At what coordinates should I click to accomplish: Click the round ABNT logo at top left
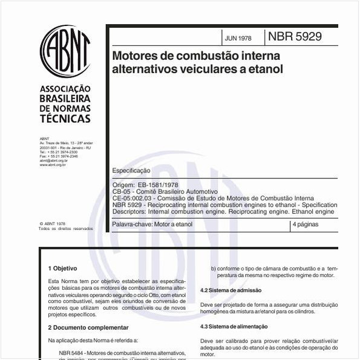(x=65, y=51)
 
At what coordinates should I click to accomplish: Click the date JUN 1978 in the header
(x=237, y=38)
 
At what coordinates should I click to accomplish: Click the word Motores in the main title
(x=135, y=56)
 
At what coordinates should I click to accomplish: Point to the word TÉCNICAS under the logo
(x=65, y=119)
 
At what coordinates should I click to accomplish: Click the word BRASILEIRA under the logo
(x=65, y=99)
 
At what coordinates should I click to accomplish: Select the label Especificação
(x=131, y=171)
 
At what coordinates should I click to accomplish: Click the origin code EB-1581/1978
(x=159, y=185)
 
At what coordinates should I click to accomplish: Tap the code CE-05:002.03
(x=134, y=198)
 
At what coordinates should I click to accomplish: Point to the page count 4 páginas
(x=306, y=224)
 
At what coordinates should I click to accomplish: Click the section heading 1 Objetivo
(x=62, y=268)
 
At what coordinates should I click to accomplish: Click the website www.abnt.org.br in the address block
(x=53, y=165)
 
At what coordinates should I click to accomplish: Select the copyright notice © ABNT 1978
(x=52, y=223)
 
